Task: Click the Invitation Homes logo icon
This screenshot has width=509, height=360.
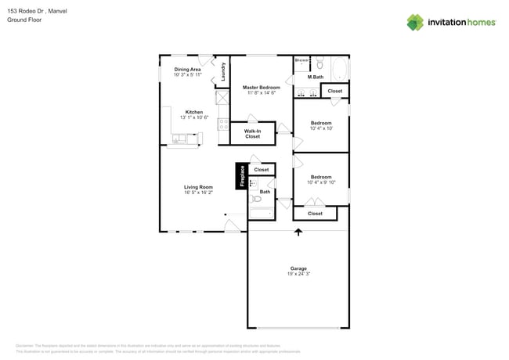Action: (x=415, y=22)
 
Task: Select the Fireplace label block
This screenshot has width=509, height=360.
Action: (x=242, y=176)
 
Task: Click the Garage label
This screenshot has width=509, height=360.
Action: (x=298, y=268)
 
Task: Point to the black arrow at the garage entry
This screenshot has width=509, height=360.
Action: (x=298, y=232)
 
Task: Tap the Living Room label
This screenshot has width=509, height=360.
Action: (x=198, y=187)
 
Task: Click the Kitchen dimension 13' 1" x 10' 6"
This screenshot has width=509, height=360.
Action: (x=194, y=117)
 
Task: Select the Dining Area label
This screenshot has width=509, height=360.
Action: (x=187, y=69)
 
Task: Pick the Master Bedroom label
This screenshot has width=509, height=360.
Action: (x=261, y=88)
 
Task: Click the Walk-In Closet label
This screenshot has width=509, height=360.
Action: (x=252, y=134)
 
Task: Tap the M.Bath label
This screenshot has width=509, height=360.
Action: (x=316, y=77)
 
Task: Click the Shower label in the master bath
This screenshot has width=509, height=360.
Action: (x=301, y=59)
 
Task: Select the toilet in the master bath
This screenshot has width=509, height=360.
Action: (x=319, y=63)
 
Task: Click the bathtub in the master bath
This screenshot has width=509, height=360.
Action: (x=339, y=69)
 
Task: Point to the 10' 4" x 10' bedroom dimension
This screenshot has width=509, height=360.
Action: (x=321, y=128)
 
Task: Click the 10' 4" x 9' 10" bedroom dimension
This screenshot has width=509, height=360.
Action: (x=321, y=182)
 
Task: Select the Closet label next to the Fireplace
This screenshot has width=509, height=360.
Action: (x=261, y=169)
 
